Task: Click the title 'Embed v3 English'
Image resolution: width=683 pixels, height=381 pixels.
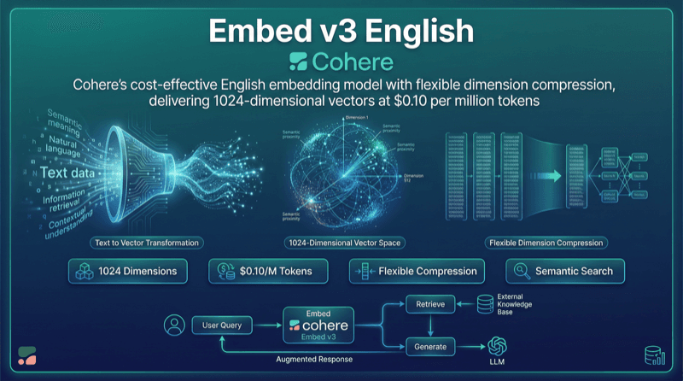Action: (341, 31)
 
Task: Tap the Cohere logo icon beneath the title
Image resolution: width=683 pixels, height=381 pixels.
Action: (298, 62)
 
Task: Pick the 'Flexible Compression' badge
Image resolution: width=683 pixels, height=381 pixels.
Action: (417, 272)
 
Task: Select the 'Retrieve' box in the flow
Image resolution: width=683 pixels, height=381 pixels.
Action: (424, 304)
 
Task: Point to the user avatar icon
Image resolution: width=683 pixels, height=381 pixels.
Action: (175, 325)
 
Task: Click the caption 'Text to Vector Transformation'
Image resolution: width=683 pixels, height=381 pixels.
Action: (147, 243)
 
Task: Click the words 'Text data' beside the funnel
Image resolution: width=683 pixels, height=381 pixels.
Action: (67, 173)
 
